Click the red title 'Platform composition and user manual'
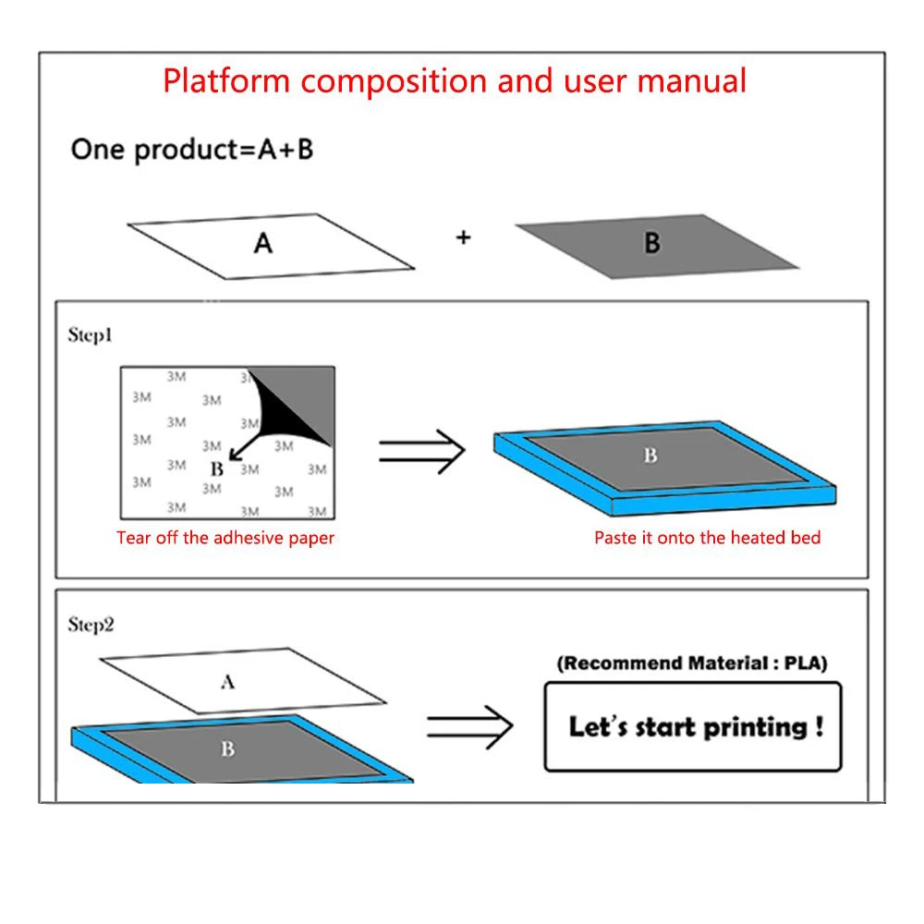coord(455,80)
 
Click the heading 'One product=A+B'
coord(192,150)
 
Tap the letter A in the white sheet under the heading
coord(263,244)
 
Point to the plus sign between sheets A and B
coord(463,237)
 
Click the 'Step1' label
coord(91,335)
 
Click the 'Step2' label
coord(91,626)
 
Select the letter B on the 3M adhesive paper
coord(216,469)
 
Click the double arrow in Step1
coord(420,451)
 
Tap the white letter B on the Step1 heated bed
coord(650,456)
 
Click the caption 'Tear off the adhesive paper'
coord(225,538)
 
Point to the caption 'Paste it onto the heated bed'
coord(707,538)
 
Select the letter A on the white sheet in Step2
coord(227,683)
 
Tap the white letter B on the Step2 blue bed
coord(227,749)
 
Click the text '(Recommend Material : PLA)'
coord(692,663)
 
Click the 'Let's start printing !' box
coord(693,726)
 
